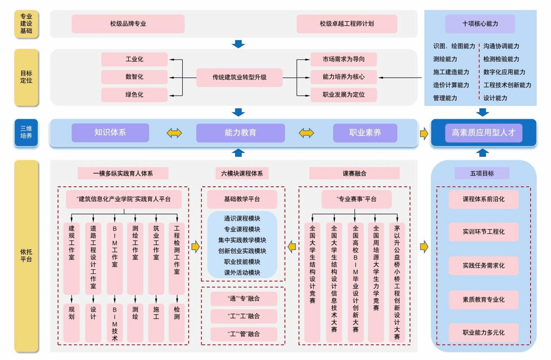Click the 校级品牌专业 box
click(x=128, y=24)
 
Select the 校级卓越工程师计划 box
click(x=346, y=24)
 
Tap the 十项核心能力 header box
click(x=480, y=24)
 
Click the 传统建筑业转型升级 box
click(x=239, y=77)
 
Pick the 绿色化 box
click(x=134, y=95)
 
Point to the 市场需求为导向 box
click(x=343, y=60)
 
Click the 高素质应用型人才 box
click(x=483, y=133)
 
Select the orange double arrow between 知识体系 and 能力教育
click(x=174, y=133)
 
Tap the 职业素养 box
click(x=365, y=133)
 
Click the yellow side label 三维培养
click(x=26, y=132)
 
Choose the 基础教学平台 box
click(x=242, y=199)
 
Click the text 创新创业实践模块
click(x=242, y=251)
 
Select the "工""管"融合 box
click(x=243, y=334)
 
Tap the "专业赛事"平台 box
click(x=356, y=199)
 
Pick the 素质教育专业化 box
click(x=483, y=299)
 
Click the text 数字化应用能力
click(x=504, y=72)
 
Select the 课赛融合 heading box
click(x=354, y=173)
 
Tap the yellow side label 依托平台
click(x=26, y=256)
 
